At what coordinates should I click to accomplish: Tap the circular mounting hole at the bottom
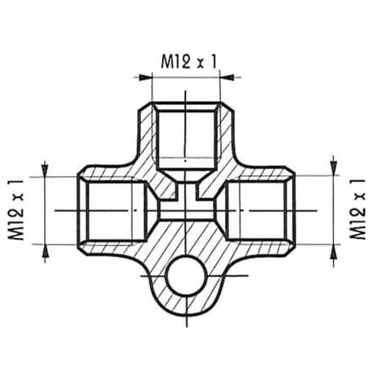coord(183,281)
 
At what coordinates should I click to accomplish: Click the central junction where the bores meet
coord(187,204)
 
